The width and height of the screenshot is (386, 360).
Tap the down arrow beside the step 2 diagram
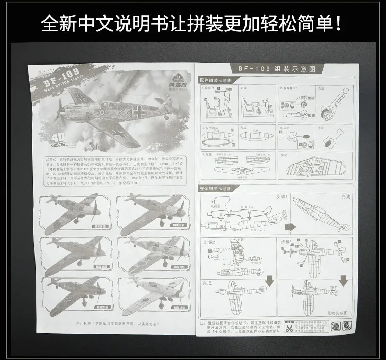click(x=269, y=280)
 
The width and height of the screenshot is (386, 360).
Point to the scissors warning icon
click(x=292, y=326)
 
